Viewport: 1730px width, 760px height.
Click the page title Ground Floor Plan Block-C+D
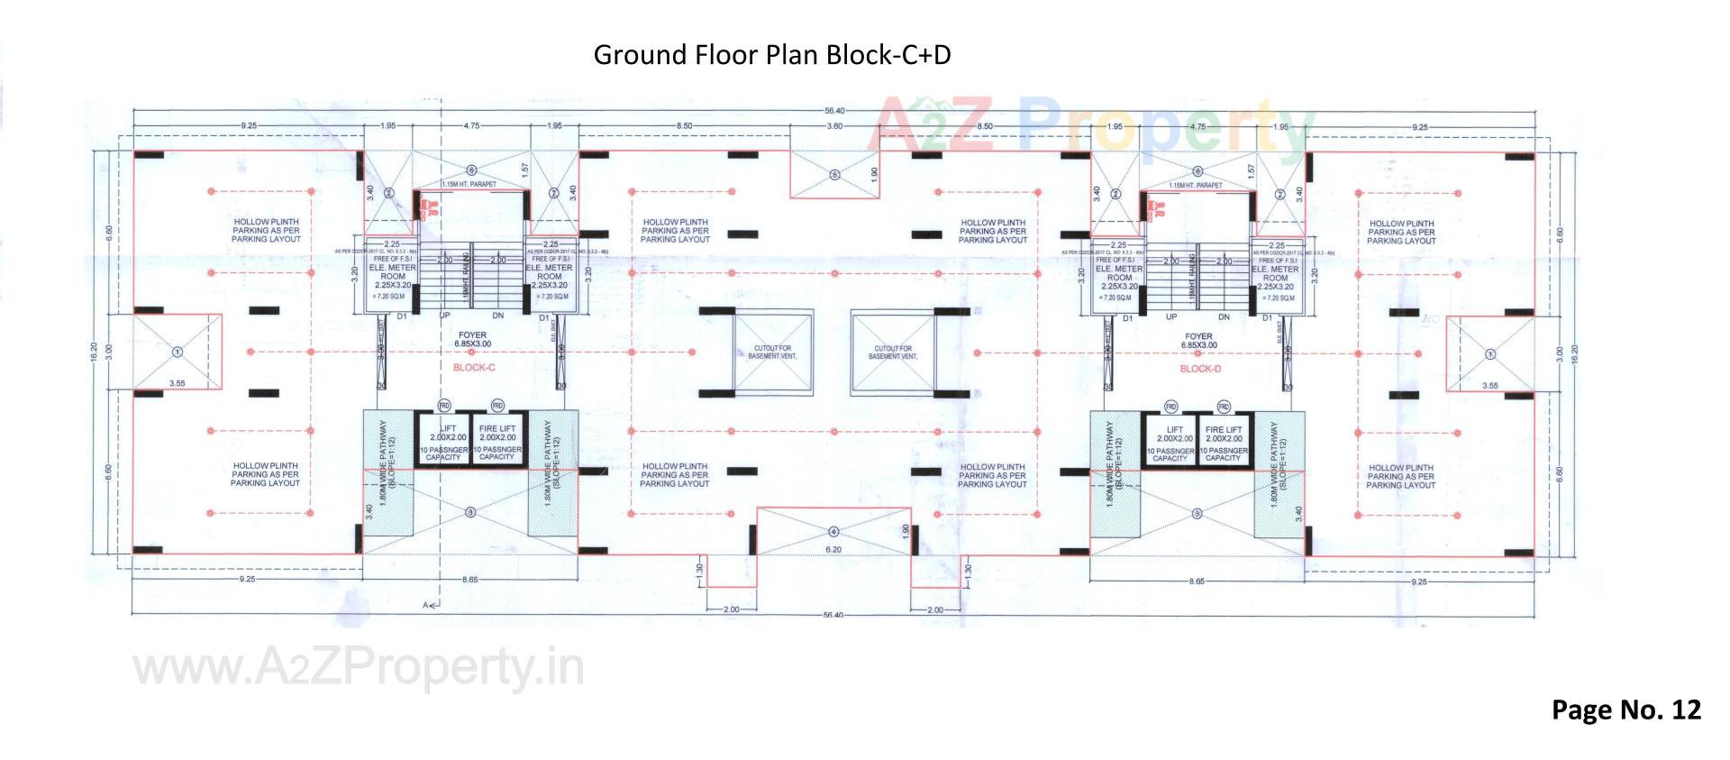(x=771, y=55)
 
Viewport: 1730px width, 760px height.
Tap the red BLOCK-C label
(x=474, y=368)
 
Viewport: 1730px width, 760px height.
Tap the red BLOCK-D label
(x=1200, y=369)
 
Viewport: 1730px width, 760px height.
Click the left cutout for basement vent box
(x=773, y=353)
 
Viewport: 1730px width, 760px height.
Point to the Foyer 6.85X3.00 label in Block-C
(x=472, y=340)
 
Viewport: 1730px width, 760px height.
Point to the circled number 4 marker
(x=833, y=531)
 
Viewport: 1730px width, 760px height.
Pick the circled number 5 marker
(x=834, y=175)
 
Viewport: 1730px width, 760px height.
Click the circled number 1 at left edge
(x=178, y=352)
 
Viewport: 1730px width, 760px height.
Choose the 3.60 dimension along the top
(x=834, y=126)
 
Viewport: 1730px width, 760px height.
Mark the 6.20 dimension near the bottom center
(x=833, y=549)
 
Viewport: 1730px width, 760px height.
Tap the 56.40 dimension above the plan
(x=833, y=110)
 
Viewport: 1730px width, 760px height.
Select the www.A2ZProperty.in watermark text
(x=359, y=669)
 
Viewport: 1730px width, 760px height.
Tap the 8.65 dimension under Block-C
(x=469, y=581)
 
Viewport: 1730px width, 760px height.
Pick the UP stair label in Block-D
(x=1170, y=317)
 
